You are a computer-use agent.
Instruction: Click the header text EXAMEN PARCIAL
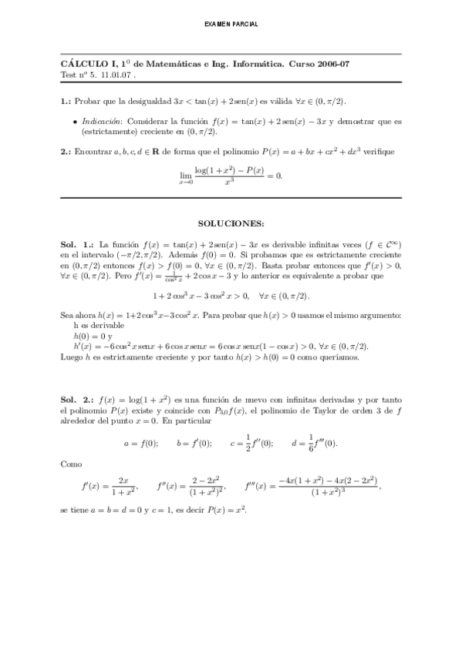click(x=231, y=25)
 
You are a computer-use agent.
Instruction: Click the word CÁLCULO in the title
click(x=80, y=65)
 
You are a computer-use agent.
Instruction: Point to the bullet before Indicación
click(x=74, y=122)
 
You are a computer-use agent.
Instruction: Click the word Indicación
click(x=100, y=122)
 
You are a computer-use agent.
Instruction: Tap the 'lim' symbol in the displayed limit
click(x=185, y=175)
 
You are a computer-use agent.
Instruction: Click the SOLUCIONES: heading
click(x=231, y=223)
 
